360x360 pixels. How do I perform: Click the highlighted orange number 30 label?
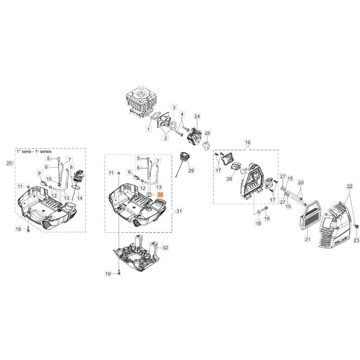(161, 194)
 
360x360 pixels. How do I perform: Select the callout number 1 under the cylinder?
(148, 129)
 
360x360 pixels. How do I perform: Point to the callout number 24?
(197, 117)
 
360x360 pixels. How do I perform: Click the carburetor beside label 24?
(197, 133)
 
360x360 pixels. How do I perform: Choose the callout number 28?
(207, 133)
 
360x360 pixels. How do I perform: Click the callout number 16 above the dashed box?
(247, 143)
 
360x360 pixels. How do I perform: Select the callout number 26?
(229, 179)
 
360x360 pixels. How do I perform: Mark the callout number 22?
(349, 186)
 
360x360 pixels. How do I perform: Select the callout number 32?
(165, 247)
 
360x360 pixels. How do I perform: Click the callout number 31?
(179, 211)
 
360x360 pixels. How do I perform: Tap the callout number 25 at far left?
(9, 162)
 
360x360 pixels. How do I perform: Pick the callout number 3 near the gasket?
(174, 108)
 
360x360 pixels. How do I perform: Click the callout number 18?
(258, 223)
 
